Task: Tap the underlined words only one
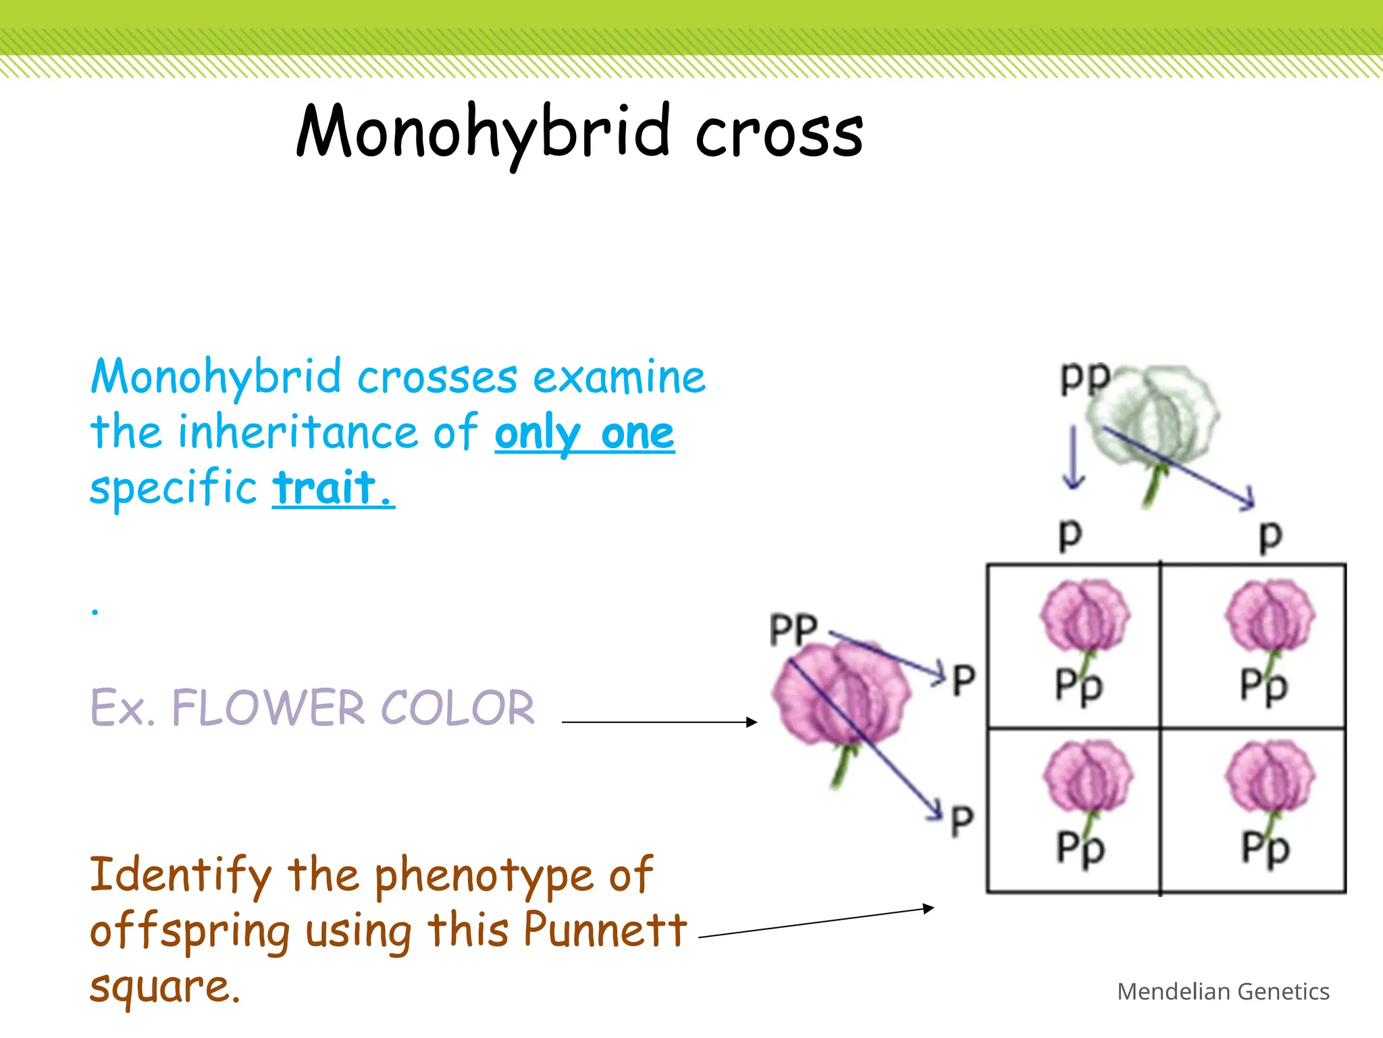coord(584,433)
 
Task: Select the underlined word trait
coord(333,488)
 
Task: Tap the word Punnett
coord(604,930)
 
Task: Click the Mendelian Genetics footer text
coord(1223,991)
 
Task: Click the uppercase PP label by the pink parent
coord(793,630)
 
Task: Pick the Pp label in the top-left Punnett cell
coord(1078,685)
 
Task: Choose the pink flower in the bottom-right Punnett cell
coord(1270,777)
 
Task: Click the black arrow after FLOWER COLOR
coord(658,722)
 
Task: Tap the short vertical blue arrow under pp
coord(1073,456)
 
